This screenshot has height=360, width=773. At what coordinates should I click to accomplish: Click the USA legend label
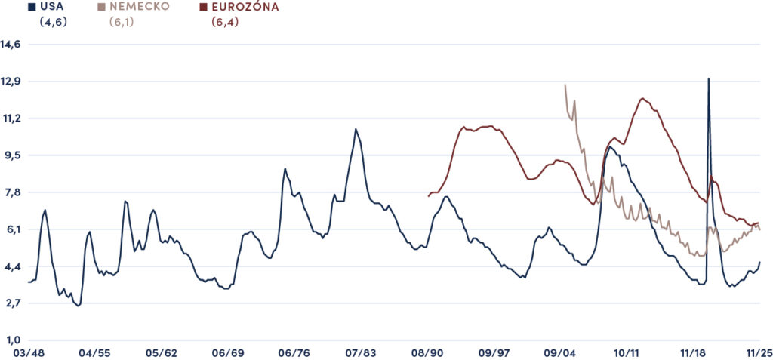coord(52,7)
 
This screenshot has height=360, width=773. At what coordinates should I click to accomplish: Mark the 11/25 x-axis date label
coord(759,353)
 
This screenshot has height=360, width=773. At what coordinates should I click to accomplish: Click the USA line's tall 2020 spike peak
coord(708,78)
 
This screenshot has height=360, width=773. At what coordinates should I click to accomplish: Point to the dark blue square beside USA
coord(30,7)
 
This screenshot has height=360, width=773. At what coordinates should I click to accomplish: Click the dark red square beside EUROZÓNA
coord(202,7)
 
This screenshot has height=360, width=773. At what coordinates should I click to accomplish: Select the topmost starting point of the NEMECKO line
coord(565,85)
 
